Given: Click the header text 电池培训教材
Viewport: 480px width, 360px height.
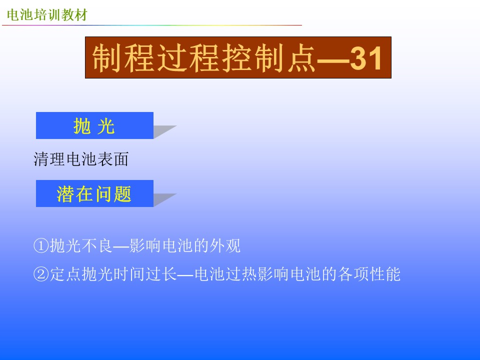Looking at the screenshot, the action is (47, 14).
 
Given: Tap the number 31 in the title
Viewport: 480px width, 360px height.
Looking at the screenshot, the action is (366, 58).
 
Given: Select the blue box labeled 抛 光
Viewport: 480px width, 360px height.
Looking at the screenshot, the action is (94, 125).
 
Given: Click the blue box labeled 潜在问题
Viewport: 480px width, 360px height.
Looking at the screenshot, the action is (94, 193).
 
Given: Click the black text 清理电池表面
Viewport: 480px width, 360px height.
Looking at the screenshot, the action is (81, 159).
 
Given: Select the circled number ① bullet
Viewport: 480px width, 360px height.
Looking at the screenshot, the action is (41, 246).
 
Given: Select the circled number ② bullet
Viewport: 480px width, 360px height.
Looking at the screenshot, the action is (41, 274).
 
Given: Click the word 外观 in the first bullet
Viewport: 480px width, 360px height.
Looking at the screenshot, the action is (225, 246).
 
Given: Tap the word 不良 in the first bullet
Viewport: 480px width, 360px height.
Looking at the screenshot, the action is (97, 246).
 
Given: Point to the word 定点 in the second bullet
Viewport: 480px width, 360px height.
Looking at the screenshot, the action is (65, 274).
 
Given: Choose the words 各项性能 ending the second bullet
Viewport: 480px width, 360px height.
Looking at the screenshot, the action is (369, 274).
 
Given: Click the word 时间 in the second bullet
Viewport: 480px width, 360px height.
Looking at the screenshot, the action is (129, 274).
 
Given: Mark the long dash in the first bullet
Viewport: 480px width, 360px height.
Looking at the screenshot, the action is (121, 246).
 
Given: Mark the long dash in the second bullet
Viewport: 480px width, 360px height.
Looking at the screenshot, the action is (185, 275).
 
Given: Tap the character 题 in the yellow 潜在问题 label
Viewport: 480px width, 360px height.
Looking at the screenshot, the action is (123, 194).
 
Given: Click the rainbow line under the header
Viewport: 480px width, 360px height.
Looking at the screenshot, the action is (152, 25).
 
